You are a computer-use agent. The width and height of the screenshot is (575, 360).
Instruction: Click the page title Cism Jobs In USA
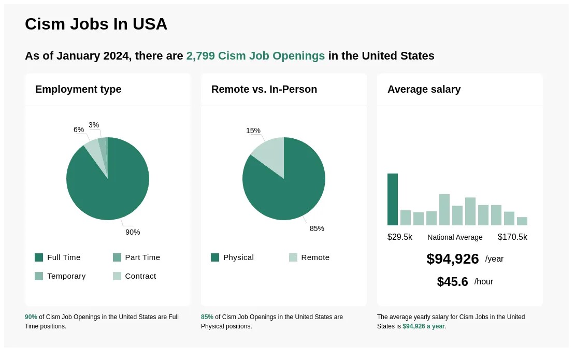[96, 24]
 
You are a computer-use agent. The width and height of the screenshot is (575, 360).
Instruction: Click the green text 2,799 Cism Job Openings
[255, 56]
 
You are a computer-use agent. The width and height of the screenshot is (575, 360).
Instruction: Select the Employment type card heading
[78, 89]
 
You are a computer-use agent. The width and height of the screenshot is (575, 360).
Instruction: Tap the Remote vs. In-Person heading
[264, 89]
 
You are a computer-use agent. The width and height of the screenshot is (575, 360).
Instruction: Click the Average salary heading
[424, 89]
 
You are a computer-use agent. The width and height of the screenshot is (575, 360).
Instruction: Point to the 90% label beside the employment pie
[133, 232]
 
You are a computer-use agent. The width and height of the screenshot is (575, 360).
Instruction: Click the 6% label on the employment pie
[79, 129]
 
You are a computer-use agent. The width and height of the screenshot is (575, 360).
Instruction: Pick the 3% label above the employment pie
[94, 125]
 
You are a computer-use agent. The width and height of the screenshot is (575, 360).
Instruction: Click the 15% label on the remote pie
[253, 131]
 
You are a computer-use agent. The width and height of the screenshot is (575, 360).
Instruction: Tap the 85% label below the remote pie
[317, 228]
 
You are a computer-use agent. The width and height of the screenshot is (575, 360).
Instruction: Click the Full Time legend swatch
[39, 257]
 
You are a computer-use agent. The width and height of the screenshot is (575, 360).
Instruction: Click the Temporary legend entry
[60, 276]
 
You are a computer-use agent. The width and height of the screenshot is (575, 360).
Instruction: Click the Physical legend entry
[233, 257]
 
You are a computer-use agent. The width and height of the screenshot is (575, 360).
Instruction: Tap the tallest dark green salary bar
[393, 199]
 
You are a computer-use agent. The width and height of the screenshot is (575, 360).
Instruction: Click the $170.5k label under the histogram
[512, 237]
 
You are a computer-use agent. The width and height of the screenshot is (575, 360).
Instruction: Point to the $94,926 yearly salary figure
[452, 258]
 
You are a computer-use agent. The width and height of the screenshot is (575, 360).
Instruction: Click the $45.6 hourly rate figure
[452, 282]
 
